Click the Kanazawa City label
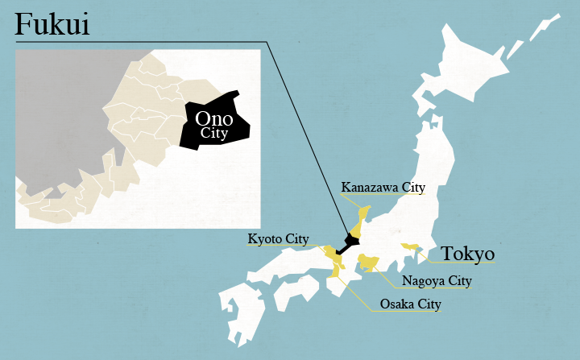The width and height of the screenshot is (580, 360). click(x=383, y=188)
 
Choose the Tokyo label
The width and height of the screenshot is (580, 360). click(x=467, y=254)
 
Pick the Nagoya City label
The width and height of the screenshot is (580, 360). click(x=436, y=281)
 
